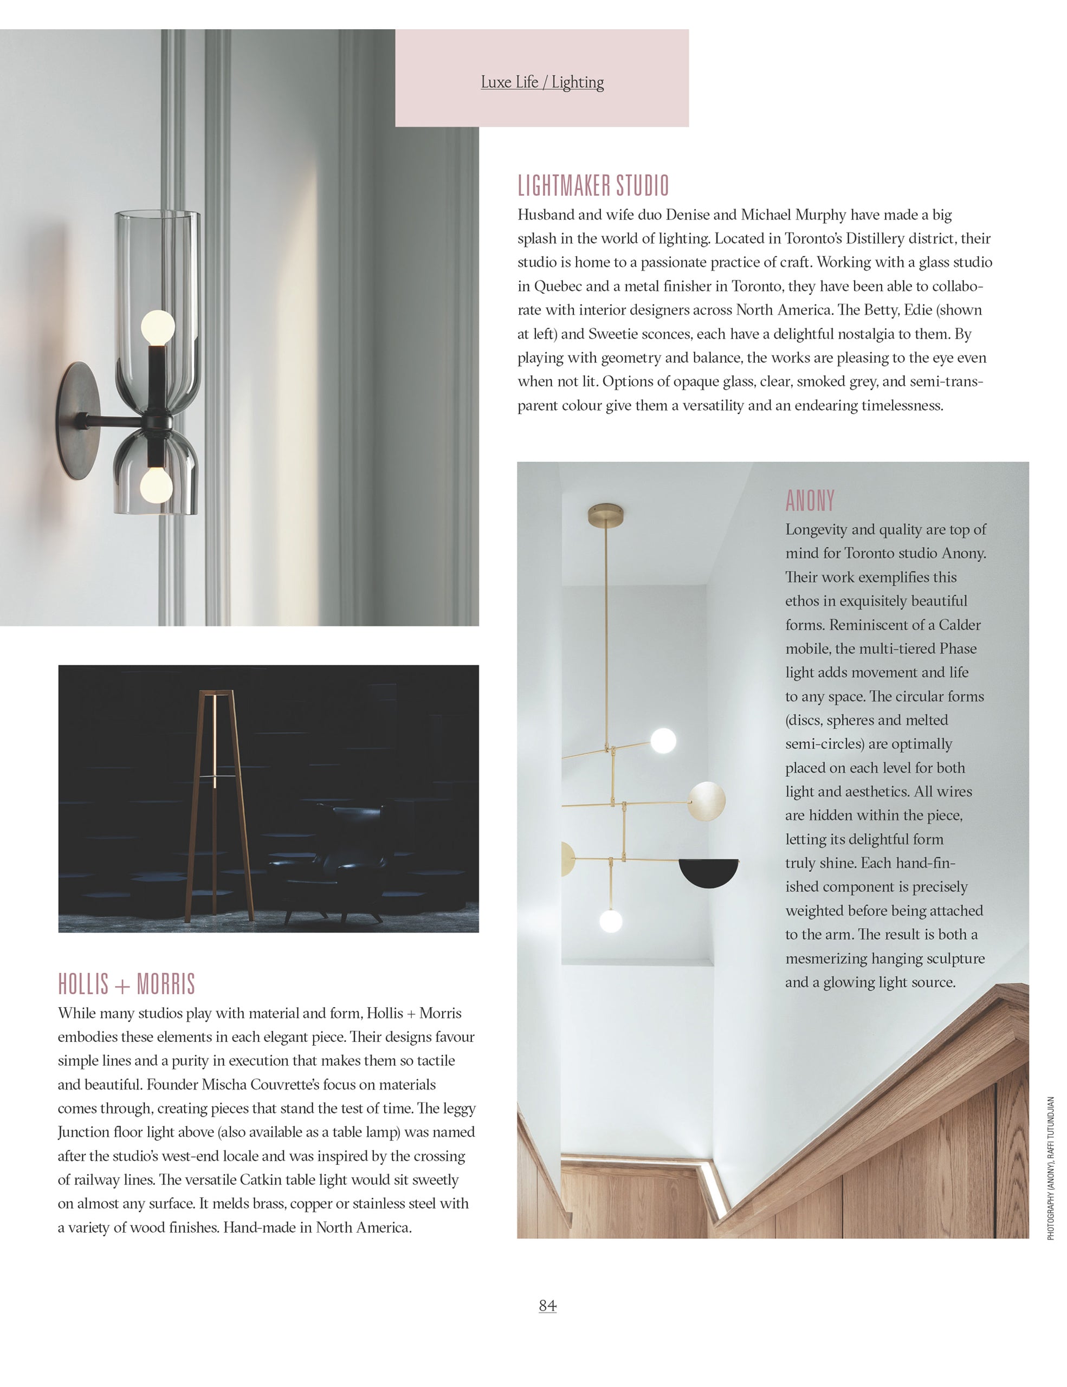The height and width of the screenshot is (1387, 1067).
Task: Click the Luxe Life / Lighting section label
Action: [x=542, y=82]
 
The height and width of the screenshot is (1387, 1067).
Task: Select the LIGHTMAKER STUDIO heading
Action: [x=593, y=186]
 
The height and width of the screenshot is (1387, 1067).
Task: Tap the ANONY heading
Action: [x=810, y=501]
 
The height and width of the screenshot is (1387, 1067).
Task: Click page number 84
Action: [x=547, y=1306]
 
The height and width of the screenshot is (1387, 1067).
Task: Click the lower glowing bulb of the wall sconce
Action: [x=156, y=486]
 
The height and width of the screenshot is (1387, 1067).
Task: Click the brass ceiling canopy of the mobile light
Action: [x=605, y=511]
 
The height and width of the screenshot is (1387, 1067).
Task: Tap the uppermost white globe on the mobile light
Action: [x=663, y=740]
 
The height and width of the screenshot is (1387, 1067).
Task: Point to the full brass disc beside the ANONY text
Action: [x=706, y=801]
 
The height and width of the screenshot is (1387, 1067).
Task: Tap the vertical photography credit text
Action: [x=1051, y=1169]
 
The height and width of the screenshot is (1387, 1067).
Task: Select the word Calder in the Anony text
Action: [x=959, y=625]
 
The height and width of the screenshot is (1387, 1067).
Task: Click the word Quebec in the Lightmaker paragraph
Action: [x=558, y=287]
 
